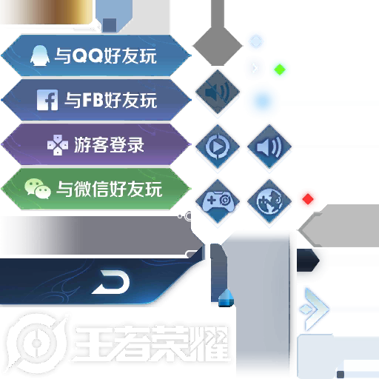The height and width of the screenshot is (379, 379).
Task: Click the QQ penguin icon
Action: pos(39,56)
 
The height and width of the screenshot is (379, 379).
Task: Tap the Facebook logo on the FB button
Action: pos(47,100)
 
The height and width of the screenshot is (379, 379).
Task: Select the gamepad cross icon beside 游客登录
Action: pos(58,145)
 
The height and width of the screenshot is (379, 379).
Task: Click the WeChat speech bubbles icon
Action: pos(38,189)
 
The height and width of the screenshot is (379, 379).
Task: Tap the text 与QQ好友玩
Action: pos(105,56)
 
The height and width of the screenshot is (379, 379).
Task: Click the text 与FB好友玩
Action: pos(111,100)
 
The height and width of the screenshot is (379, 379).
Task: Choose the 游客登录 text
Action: pos(109,144)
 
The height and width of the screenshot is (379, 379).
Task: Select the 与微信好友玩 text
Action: pos(110,189)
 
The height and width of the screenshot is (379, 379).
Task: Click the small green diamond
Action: pos(280,70)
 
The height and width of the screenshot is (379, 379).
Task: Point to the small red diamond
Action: pos(308,199)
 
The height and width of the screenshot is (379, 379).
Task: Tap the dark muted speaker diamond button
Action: pos(218,92)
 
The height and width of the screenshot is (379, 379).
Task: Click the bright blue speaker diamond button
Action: pos(269,147)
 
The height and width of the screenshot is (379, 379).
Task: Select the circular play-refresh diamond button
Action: pos(218,147)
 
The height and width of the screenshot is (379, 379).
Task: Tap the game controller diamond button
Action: pos(218,201)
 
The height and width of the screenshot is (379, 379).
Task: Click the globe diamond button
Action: pos(269,201)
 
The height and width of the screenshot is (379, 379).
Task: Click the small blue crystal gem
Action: pos(226,298)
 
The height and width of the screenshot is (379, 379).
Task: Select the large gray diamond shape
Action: pos(218,46)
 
